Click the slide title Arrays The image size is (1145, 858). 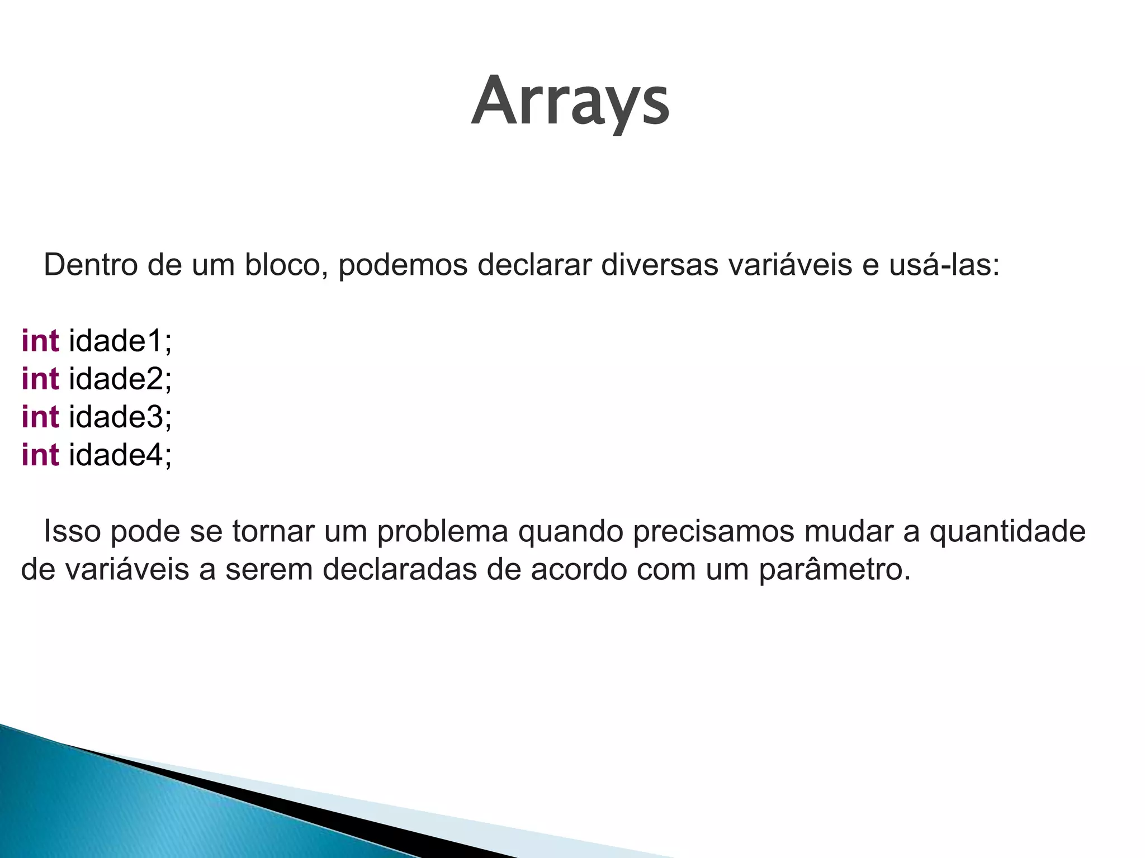570,102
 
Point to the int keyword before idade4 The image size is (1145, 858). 40,454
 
